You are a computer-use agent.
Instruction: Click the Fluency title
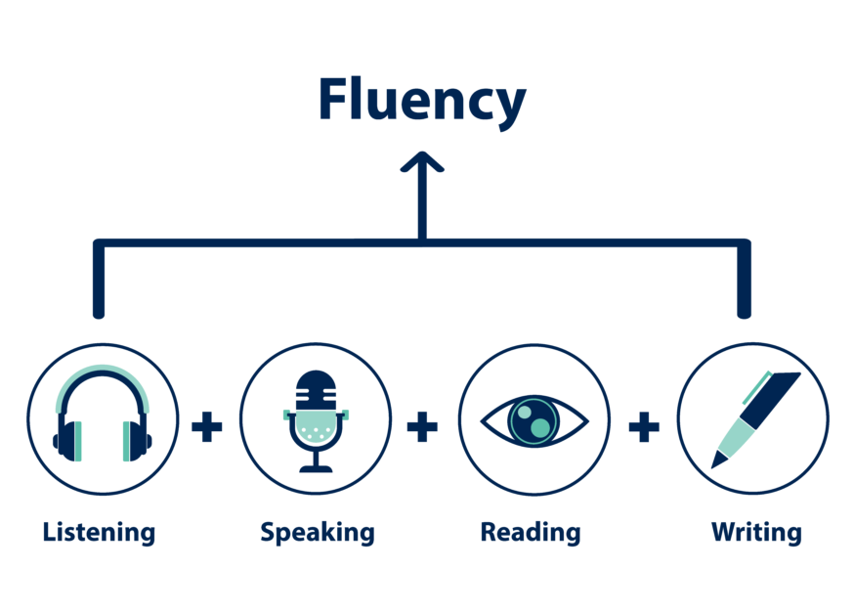click(x=421, y=101)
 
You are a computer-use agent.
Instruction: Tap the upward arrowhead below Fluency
click(x=422, y=162)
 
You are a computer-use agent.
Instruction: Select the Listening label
click(x=99, y=533)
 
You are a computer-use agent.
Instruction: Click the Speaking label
click(x=317, y=533)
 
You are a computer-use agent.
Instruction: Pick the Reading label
click(x=530, y=533)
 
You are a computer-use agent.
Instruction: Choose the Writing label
click(x=755, y=533)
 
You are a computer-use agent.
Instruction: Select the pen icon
click(x=754, y=418)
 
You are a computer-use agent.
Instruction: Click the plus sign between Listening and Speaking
click(x=207, y=427)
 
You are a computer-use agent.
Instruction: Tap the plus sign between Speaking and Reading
click(x=422, y=427)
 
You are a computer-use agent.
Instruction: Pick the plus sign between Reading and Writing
click(x=643, y=427)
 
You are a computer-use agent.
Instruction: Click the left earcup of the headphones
click(x=66, y=439)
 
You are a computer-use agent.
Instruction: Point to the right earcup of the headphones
click(x=138, y=439)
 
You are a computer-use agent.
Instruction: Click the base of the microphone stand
click(x=316, y=469)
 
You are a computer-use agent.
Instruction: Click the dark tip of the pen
click(x=718, y=460)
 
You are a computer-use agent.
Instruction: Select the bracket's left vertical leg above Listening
click(x=98, y=284)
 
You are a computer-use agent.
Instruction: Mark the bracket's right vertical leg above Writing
click(x=745, y=284)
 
